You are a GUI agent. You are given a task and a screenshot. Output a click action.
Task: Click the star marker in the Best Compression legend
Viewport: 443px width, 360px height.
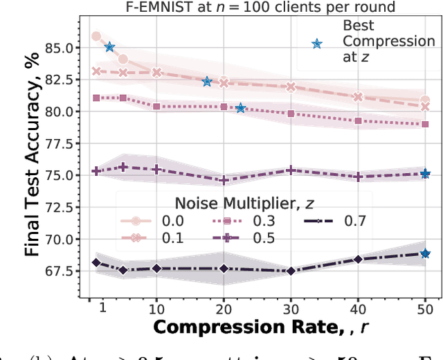[317, 43]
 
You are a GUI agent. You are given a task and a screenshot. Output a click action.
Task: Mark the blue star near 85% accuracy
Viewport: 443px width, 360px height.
[109, 47]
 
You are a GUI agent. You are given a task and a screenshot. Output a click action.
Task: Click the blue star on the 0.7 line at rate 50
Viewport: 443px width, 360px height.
[425, 254]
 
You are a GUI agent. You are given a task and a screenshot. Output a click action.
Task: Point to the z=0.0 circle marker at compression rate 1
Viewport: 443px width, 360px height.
[96, 36]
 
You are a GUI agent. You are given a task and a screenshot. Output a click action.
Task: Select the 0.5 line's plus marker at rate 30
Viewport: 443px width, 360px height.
[290, 170]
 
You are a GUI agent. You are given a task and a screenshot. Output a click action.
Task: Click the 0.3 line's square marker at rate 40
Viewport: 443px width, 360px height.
[357, 120]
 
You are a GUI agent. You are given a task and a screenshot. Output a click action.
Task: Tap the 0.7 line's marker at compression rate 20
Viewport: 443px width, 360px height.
[223, 269]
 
